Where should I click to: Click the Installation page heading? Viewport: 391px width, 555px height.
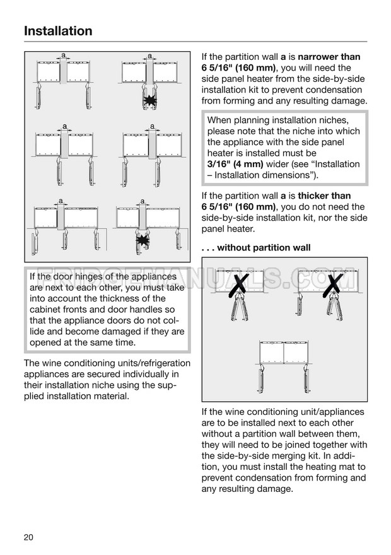(x=58, y=31)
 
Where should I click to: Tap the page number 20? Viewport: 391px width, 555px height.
(x=28, y=537)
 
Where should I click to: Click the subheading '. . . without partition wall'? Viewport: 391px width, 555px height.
(x=256, y=248)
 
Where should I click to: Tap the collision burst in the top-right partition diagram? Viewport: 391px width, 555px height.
(x=150, y=100)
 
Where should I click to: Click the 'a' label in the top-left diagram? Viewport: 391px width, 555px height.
(x=63, y=56)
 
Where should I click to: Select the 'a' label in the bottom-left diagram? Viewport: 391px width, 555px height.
(x=61, y=202)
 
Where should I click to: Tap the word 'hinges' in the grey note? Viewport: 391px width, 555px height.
(x=98, y=276)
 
